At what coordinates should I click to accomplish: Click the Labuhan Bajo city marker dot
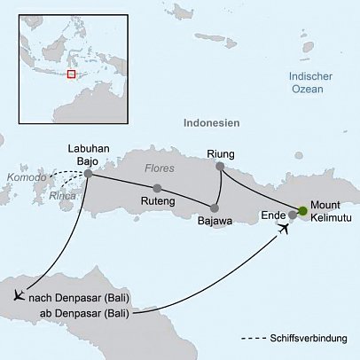(x=88, y=173)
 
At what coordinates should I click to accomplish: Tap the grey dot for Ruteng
(x=157, y=188)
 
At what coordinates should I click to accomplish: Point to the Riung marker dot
(x=220, y=165)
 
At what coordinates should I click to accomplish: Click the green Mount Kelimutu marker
(x=302, y=210)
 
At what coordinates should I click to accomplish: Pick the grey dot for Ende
(x=293, y=215)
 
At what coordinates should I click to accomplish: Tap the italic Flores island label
(x=160, y=168)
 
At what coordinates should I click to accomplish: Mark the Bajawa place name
(x=214, y=221)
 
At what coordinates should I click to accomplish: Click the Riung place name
(x=219, y=152)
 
